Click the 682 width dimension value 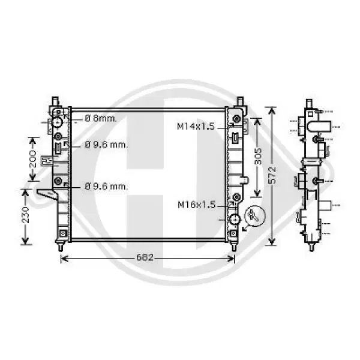click(x=145, y=257)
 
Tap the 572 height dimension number click(x=272, y=175)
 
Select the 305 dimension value click(x=258, y=156)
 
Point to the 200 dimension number click(x=33, y=158)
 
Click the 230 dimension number click(x=25, y=215)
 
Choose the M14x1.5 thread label click(x=196, y=126)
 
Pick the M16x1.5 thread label click(x=197, y=205)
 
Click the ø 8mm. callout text click(x=101, y=118)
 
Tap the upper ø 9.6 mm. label click(x=106, y=145)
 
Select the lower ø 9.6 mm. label click(x=106, y=187)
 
